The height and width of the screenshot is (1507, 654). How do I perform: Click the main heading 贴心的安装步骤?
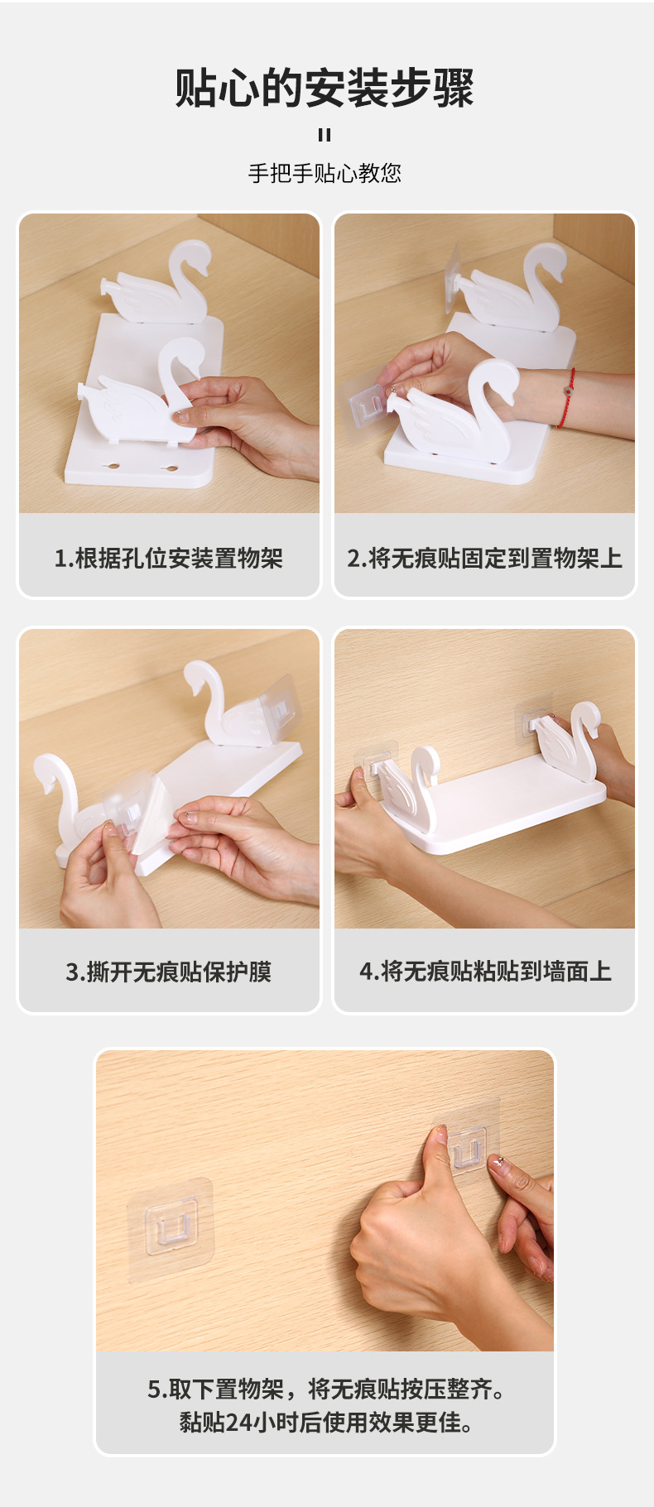pyautogui.click(x=325, y=89)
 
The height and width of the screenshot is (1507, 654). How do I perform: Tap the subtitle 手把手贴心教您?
pyautogui.click(x=325, y=173)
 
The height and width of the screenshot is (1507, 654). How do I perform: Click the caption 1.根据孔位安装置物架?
pyautogui.click(x=169, y=559)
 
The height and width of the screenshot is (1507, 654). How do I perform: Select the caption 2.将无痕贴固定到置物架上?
pyautogui.click(x=484, y=559)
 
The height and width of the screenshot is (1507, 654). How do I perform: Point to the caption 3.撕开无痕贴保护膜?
pyautogui.click(x=169, y=972)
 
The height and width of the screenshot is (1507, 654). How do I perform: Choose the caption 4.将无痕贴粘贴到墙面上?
pyautogui.click(x=485, y=972)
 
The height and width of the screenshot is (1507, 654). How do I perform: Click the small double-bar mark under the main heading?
pyautogui.click(x=325, y=135)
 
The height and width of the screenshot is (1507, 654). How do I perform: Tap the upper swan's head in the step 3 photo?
pyautogui.click(x=202, y=674)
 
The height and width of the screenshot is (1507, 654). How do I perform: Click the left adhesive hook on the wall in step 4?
pyautogui.click(x=376, y=757)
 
